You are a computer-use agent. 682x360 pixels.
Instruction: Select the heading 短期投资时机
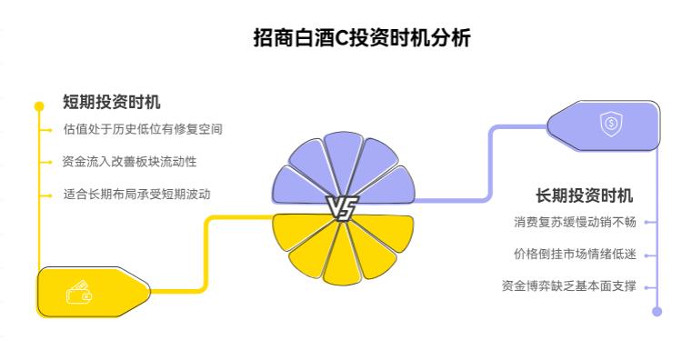(112, 102)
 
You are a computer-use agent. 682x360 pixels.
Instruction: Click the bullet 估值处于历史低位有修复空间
(143, 129)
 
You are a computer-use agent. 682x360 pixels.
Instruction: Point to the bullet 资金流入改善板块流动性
(129, 161)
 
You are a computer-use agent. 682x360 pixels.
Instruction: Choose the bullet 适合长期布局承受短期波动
(143, 194)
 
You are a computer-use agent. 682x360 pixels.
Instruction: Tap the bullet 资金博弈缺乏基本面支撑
(568, 285)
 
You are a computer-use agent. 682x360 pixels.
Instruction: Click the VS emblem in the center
(343, 208)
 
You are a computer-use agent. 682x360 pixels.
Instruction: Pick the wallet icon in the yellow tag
(79, 293)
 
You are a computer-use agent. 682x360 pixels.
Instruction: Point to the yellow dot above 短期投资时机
(39, 105)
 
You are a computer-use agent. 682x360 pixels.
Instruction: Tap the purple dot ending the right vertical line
(657, 311)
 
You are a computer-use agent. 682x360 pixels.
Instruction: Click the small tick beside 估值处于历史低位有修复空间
(47, 129)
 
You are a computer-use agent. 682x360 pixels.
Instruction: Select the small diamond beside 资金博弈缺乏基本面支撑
(647, 286)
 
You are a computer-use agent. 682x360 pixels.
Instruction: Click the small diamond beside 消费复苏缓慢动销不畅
(647, 221)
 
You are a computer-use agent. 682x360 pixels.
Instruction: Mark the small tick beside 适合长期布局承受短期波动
(47, 194)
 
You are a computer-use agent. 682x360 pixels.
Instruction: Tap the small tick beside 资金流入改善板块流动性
(47, 161)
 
